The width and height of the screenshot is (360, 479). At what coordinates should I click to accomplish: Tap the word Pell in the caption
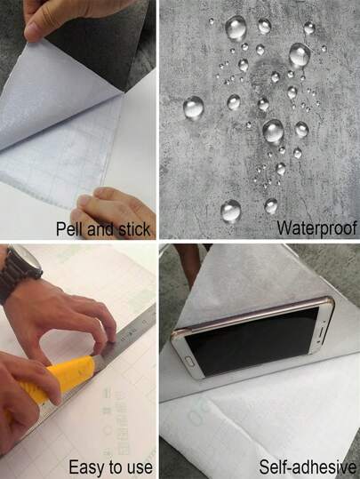pos(68,228)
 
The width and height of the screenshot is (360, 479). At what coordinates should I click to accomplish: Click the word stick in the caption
pos(133,228)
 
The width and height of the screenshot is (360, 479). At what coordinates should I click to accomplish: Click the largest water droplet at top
pos(236,28)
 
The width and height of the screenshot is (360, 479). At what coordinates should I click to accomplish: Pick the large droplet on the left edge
pos(193,108)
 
